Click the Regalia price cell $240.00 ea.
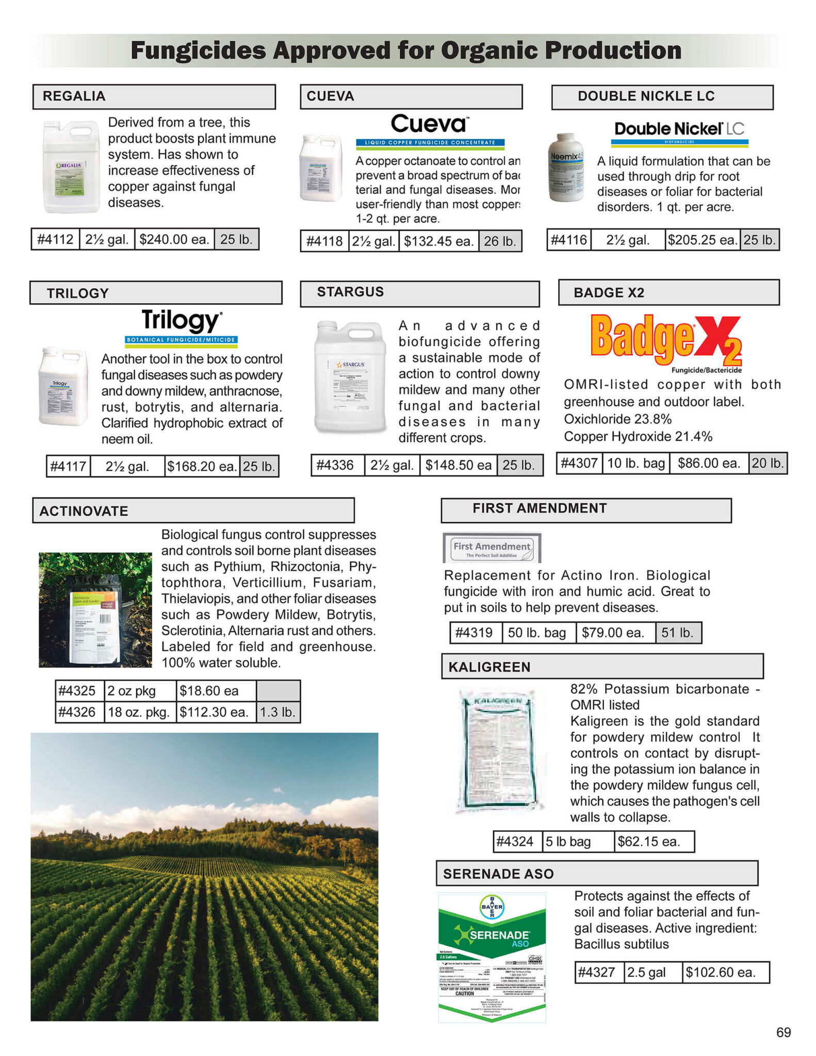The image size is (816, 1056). point(174,239)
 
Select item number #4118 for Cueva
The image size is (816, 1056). point(324,241)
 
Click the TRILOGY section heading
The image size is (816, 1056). point(78,293)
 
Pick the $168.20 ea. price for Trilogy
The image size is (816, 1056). point(202,466)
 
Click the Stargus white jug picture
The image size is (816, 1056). point(351,376)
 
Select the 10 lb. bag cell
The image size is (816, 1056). point(636,463)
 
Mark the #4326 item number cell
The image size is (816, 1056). point(77,712)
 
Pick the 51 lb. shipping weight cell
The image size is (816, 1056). point(677,633)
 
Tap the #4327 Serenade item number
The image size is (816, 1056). point(597,972)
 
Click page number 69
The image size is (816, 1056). point(783,1032)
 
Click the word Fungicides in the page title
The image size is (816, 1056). point(198,51)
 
